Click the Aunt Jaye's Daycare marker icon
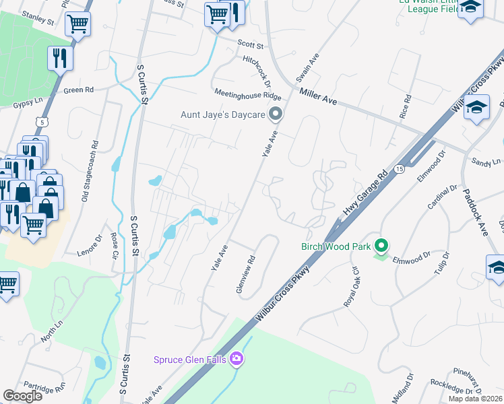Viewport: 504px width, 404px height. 275,114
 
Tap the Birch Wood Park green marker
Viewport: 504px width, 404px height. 381,246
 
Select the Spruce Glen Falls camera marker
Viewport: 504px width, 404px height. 236,358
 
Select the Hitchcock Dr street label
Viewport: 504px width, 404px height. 257,71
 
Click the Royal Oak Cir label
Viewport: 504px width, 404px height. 352,286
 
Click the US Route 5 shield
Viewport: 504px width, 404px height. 43,122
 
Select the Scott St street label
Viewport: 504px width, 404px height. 250,44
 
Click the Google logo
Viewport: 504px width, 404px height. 22,396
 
